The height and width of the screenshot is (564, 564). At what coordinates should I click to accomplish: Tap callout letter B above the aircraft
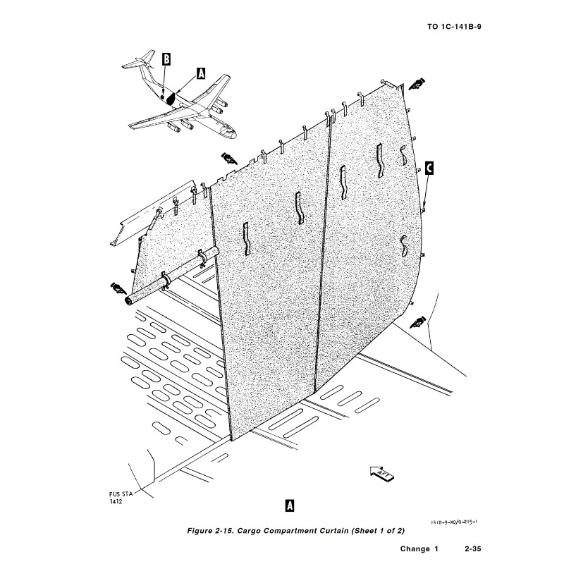166,60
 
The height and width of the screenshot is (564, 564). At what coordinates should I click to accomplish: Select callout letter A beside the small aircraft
201,73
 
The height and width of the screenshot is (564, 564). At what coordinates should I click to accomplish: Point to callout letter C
429,168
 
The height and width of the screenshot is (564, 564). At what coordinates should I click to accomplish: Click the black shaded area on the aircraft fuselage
170,97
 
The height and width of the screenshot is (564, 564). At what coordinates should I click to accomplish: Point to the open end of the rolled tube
128,302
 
